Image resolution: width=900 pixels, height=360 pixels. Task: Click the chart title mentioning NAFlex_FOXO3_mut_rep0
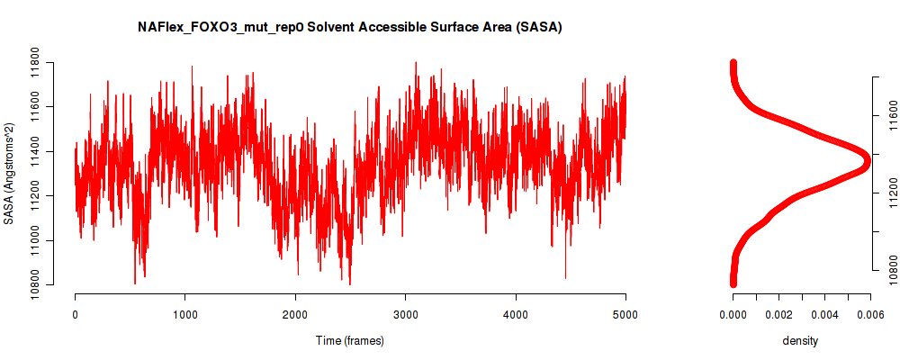[349, 27]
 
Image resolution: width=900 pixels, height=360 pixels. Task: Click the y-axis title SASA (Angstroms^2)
[9, 174]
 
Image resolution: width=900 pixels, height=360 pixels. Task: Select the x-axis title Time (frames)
[350, 340]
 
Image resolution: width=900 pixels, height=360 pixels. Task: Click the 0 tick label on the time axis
[76, 314]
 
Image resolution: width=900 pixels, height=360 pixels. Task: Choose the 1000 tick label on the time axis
[184, 314]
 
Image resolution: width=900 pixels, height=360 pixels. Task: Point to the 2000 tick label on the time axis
[295, 314]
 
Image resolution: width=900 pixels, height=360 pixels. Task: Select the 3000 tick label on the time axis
[405, 314]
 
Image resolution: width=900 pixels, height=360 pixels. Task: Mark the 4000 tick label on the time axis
[516, 314]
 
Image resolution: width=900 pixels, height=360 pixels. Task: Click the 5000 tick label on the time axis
[625, 314]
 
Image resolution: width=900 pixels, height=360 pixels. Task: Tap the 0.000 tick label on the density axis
[733, 314]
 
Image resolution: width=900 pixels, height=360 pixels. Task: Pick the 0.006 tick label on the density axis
[870, 314]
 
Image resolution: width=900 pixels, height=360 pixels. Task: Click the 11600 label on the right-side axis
[888, 116]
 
